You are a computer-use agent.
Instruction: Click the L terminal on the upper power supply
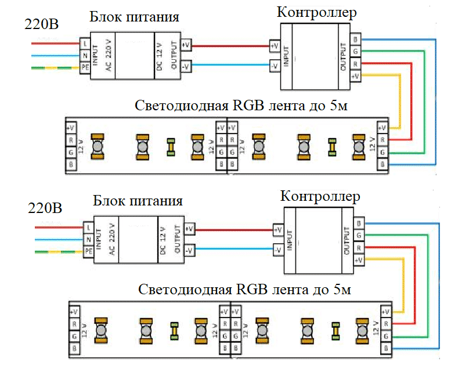pyautogui.click(x=85, y=44)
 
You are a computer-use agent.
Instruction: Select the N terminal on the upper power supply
pyautogui.click(x=85, y=55)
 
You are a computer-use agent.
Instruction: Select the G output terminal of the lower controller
pyautogui.click(x=360, y=235)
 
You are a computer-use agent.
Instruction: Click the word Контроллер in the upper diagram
pyautogui.click(x=316, y=13)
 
